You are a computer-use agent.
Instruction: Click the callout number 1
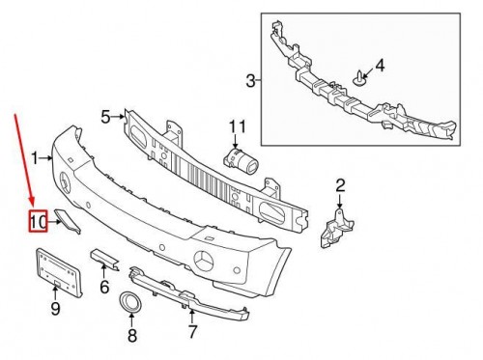(x=34, y=155)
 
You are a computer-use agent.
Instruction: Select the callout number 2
(x=340, y=184)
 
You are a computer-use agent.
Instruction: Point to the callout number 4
(x=380, y=66)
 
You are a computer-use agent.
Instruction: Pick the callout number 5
(x=105, y=118)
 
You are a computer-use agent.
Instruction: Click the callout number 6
(x=105, y=287)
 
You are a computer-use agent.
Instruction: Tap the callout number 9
(x=55, y=308)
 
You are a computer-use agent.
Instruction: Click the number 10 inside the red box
(x=38, y=223)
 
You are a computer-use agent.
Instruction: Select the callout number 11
(x=238, y=126)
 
